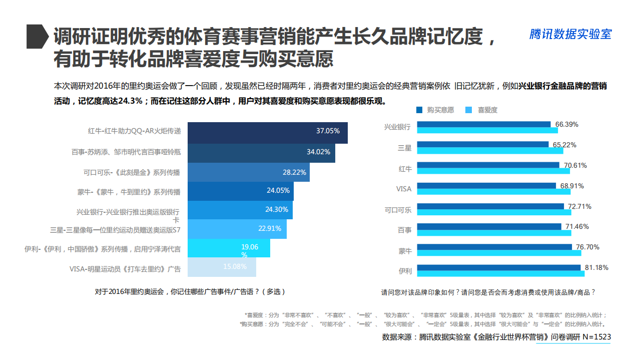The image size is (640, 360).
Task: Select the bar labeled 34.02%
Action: point(261,152)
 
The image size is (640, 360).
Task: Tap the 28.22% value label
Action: point(294,172)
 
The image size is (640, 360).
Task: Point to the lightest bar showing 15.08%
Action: point(222,267)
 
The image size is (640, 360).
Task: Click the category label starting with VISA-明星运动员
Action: point(125,269)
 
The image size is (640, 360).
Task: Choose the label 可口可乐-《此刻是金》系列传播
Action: point(132,172)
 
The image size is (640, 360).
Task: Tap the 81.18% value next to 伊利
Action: point(596,267)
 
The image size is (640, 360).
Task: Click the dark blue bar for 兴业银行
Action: point(483,124)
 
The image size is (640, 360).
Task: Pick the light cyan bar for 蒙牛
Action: point(499,253)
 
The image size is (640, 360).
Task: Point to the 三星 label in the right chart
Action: point(404,148)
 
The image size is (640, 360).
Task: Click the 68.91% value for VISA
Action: point(571,186)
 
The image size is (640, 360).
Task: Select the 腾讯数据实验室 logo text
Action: point(570,34)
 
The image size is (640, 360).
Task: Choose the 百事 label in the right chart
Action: point(404,230)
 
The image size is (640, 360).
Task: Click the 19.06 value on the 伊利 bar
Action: point(250,247)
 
